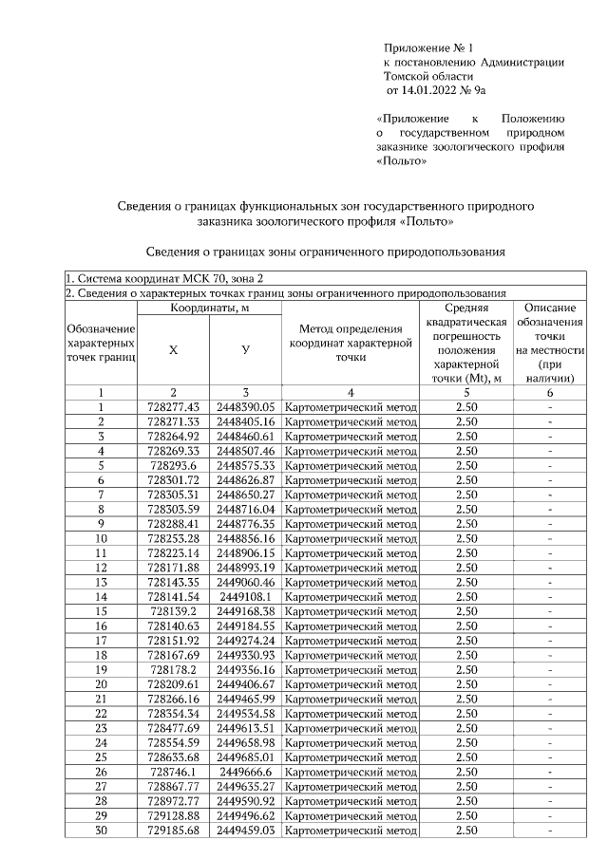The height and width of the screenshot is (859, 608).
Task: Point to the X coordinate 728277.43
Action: [x=173, y=407]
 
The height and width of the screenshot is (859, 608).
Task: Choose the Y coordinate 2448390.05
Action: [x=245, y=407]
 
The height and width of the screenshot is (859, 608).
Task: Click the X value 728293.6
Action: [x=173, y=466]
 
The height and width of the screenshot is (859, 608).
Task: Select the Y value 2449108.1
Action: [x=245, y=596]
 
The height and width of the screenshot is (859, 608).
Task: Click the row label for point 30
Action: [x=101, y=831]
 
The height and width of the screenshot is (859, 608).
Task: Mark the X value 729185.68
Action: [x=173, y=831]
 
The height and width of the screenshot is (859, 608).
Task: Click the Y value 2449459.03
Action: [x=245, y=831]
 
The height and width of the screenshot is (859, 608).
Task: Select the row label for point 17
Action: [x=101, y=641]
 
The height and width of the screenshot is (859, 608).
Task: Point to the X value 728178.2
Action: [x=173, y=669]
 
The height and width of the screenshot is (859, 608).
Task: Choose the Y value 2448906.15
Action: [x=245, y=552]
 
